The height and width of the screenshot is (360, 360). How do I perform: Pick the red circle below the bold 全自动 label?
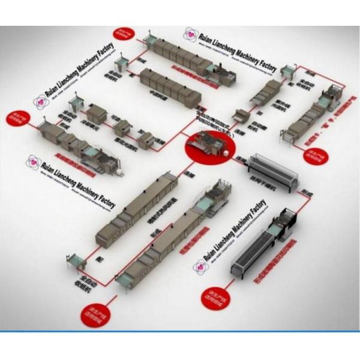pyautogui.click(x=96, y=312)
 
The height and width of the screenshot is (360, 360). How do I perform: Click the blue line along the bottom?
pyautogui.click(x=180, y=331)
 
